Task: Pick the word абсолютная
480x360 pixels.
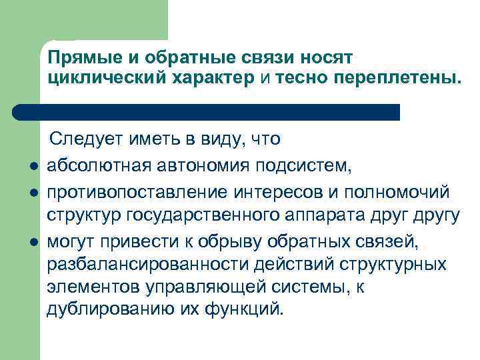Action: coord(95,165)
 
